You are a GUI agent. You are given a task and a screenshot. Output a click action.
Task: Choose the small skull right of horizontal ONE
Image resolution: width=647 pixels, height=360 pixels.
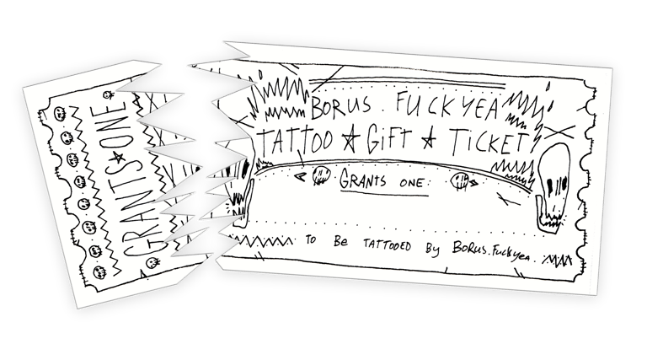461,180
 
